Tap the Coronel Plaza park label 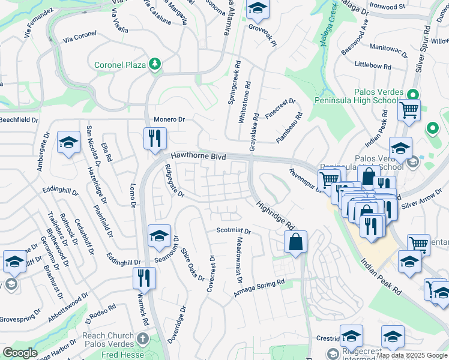point(121,65)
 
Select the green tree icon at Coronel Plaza point(155,63)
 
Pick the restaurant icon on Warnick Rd point(144,278)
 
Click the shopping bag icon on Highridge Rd point(296,242)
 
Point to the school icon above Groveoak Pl point(258,8)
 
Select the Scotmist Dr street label point(233,231)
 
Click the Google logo point(20,353)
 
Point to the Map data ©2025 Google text point(411,355)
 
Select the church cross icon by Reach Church point(142,338)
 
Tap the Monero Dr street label point(169,119)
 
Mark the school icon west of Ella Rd point(68,143)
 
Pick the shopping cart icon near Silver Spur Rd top point(409,110)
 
